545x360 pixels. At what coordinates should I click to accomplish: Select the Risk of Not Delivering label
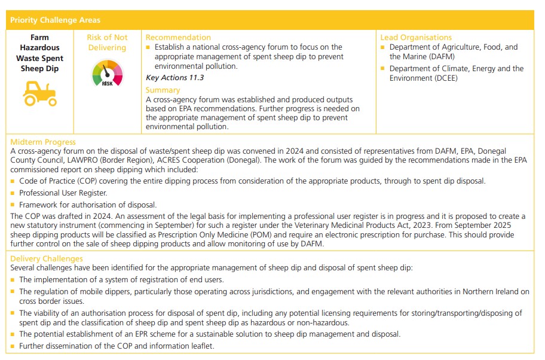tap(108, 42)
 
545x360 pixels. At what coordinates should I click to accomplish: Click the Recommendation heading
tap(178, 37)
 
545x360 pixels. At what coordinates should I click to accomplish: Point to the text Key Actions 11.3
tap(174, 78)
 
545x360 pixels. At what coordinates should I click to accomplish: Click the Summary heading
tap(163, 90)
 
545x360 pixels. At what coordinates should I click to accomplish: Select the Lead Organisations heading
tap(416, 37)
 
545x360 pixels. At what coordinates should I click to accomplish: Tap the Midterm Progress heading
tap(43, 142)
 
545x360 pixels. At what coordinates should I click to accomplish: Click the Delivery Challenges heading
tap(47, 258)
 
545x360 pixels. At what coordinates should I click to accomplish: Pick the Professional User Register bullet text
tap(63, 193)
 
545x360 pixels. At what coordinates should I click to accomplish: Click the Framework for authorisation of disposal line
tap(88, 205)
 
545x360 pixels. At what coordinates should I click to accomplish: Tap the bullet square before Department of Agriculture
tap(383, 47)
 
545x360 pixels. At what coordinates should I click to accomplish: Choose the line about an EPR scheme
tap(209, 334)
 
